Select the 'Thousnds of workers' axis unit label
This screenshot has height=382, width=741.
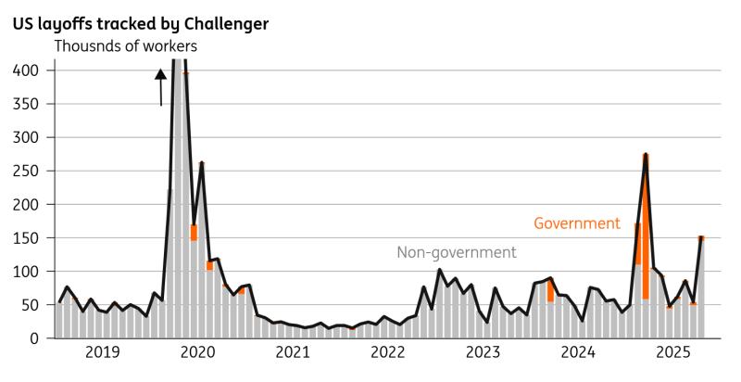point(126,45)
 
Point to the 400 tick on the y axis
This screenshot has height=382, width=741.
point(26,70)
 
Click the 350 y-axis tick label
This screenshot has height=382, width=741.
point(26,104)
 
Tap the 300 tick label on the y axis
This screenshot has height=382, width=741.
point(26,137)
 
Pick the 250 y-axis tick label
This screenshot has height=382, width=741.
point(26,171)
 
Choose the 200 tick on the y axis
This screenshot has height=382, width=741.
point(26,204)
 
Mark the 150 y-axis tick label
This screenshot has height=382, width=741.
point(26,238)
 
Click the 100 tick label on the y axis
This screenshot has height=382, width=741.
point(26,272)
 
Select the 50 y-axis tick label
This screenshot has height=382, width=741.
point(30,305)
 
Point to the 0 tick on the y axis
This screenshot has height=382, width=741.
point(33,338)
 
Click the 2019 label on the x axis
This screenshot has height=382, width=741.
point(102,353)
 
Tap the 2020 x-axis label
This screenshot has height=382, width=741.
point(197,353)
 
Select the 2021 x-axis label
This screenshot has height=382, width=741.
point(293,353)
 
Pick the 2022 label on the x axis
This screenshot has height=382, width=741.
point(388,353)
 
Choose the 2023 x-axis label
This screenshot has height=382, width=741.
point(484,353)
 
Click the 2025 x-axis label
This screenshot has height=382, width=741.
point(673,353)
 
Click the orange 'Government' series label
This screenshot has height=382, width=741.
point(576,223)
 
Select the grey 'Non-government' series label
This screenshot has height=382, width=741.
point(457,252)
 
